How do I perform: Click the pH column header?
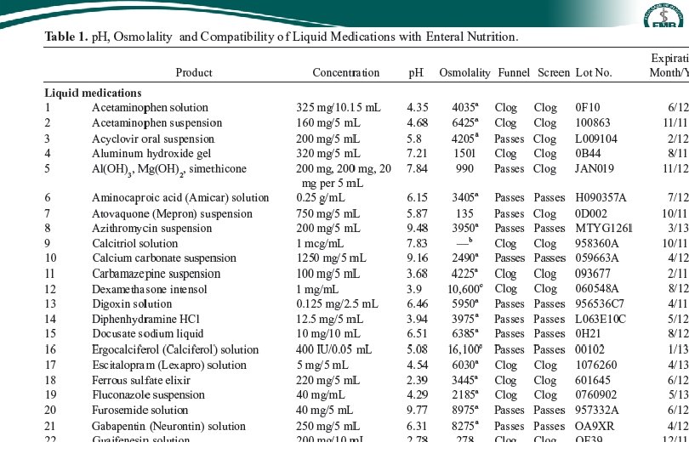tap(416, 73)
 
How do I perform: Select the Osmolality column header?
tap(464, 73)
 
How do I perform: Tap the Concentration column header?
tap(345, 73)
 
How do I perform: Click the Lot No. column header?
tap(594, 73)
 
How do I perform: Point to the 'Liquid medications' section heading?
tap(93, 93)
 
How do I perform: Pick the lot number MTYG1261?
tap(604, 228)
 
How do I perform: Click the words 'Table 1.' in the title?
tap(65, 37)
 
